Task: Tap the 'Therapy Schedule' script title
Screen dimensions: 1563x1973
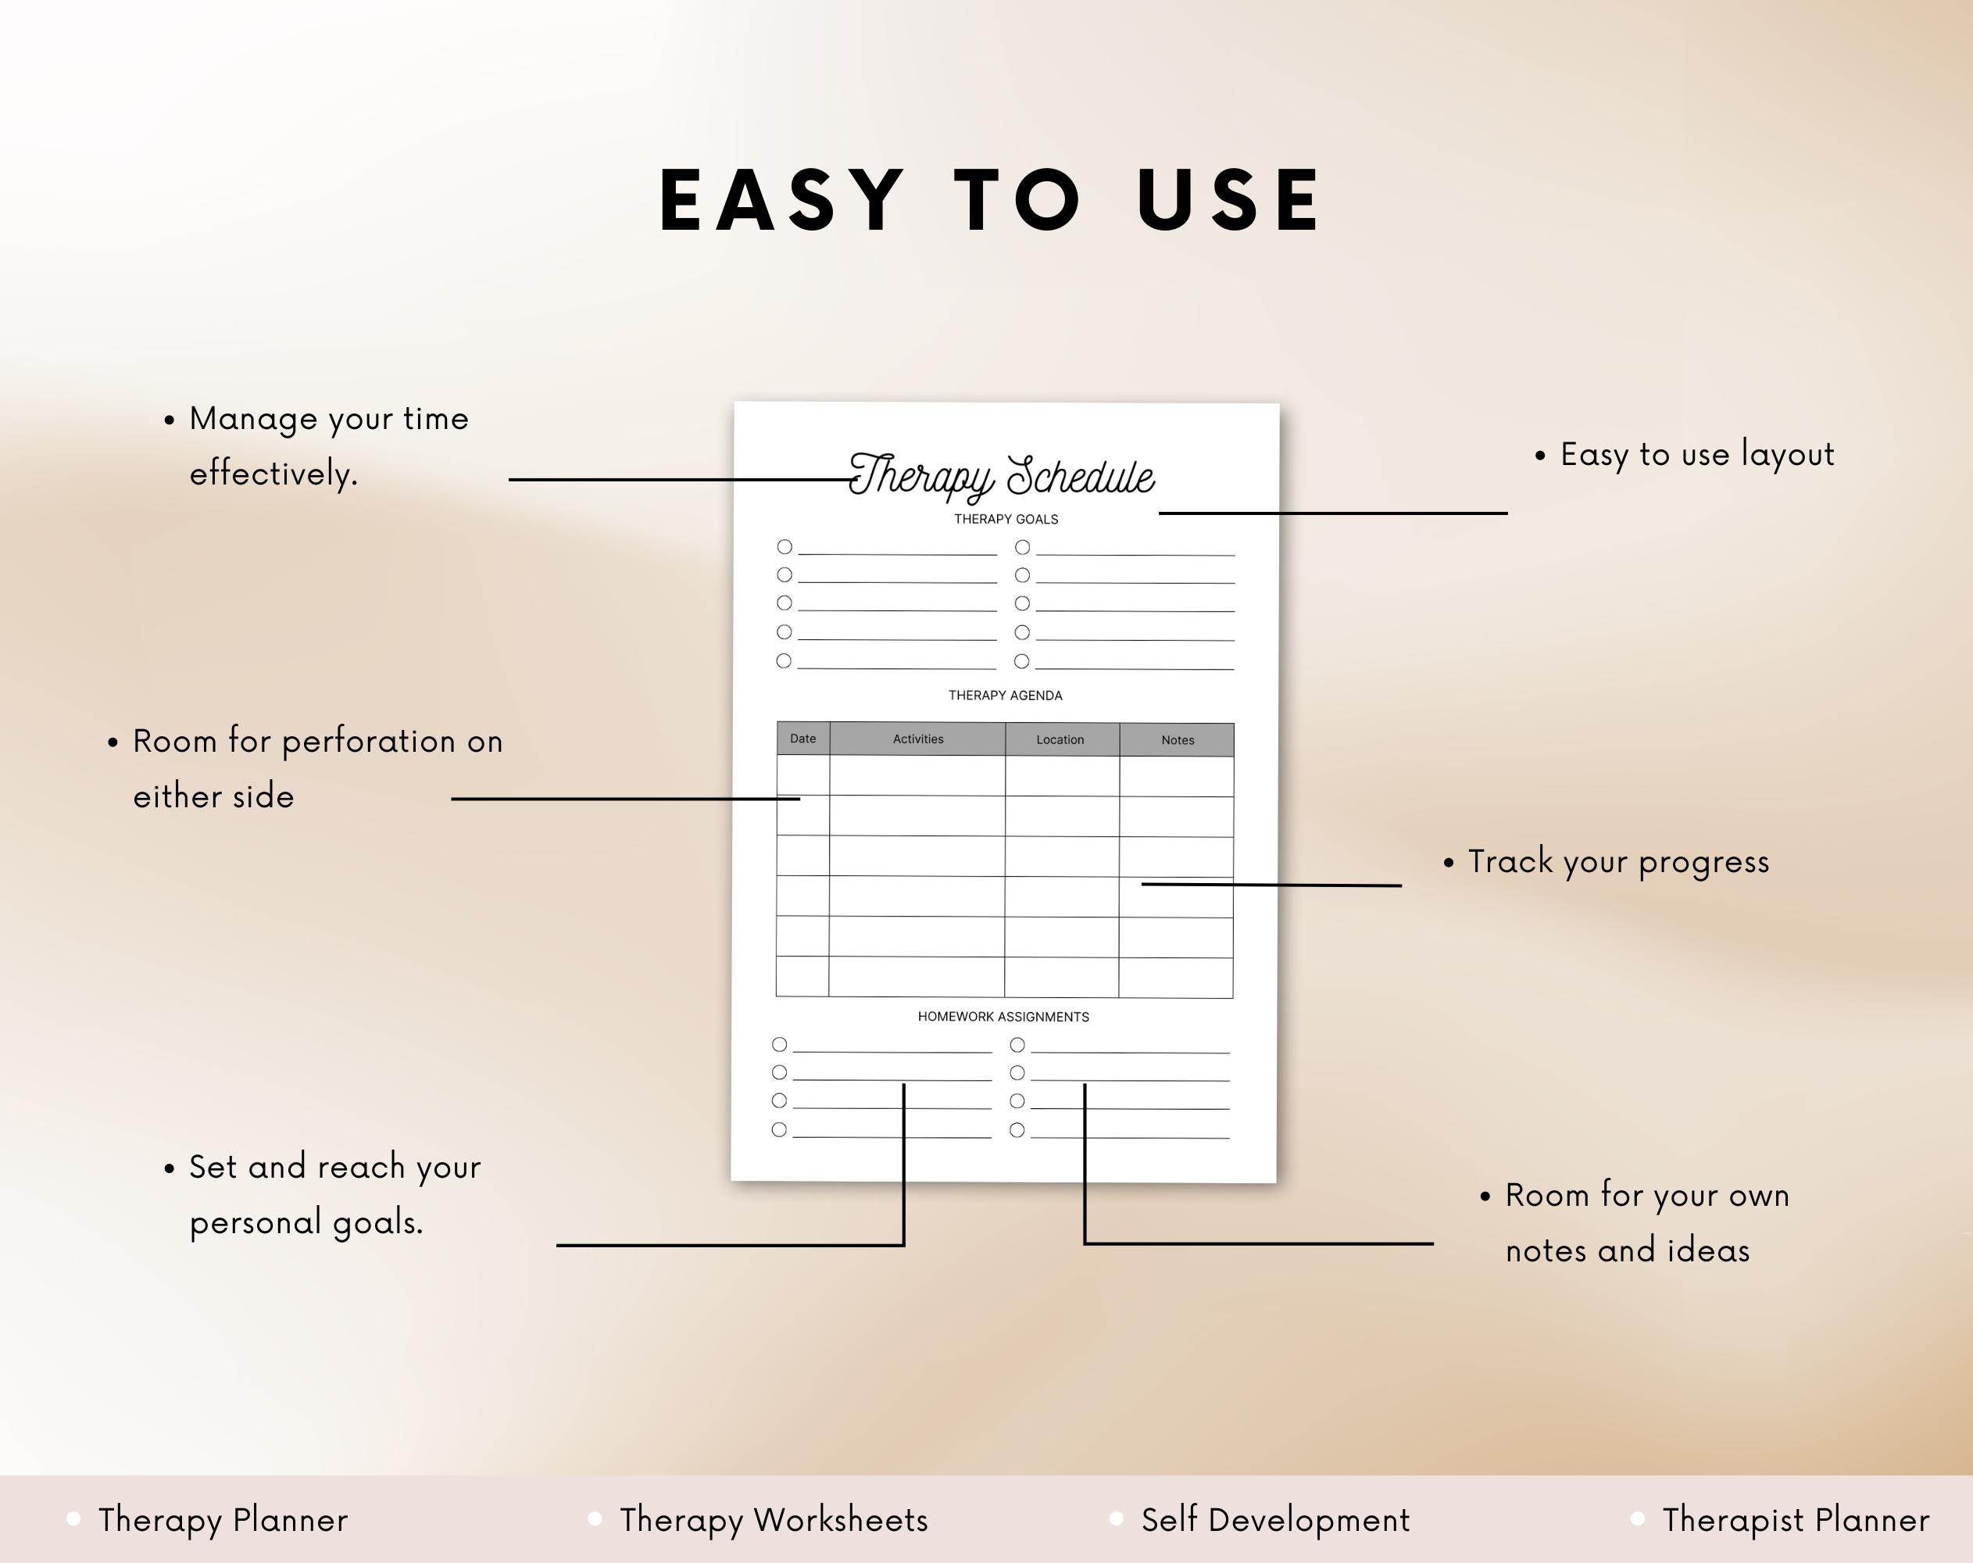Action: [1002, 476]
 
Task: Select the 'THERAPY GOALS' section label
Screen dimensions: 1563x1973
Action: [1006, 519]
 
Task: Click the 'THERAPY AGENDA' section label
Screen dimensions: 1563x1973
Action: [1005, 696]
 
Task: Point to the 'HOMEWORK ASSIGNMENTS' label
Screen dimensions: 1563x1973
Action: [1003, 1017]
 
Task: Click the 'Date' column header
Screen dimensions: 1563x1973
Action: [802, 739]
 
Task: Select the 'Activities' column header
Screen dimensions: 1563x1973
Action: [918, 739]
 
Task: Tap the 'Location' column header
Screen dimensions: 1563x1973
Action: [1060, 739]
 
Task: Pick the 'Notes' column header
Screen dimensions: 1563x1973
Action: [1177, 740]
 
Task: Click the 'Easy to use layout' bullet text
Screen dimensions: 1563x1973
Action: [1696, 455]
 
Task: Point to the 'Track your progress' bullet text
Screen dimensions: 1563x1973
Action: [1618, 862]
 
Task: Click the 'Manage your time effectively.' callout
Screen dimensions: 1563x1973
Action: [328, 445]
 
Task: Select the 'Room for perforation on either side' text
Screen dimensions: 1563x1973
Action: [317, 769]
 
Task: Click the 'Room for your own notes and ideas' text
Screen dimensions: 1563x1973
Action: [1646, 1222]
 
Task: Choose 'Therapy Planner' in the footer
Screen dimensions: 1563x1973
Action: [223, 1520]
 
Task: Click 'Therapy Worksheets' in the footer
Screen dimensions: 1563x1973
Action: [774, 1520]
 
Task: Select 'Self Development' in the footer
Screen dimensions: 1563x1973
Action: [1274, 1520]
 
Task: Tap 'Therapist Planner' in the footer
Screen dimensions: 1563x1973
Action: [1796, 1520]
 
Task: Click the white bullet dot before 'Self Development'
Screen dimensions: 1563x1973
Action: [1116, 1519]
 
